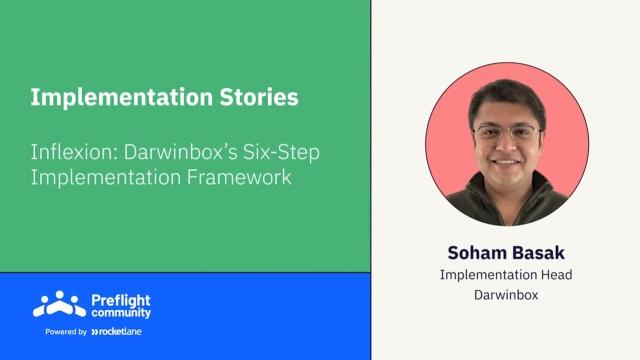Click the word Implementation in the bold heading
(x=122, y=98)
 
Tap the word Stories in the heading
(x=259, y=97)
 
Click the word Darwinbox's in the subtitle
(x=180, y=152)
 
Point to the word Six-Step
(x=282, y=153)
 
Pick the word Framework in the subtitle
(x=239, y=177)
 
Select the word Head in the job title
(x=556, y=275)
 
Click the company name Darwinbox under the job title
(x=506, y=295)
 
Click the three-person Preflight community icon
(x=60, y=304)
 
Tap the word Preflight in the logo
(x=121, y=301)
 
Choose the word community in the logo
(x=121, y=313)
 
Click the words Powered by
(x=66, y=332)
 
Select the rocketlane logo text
(x=117, y=332)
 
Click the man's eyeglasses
(x=506, y=133)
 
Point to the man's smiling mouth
(x=506, y=162)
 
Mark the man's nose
(x=506, y=144)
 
